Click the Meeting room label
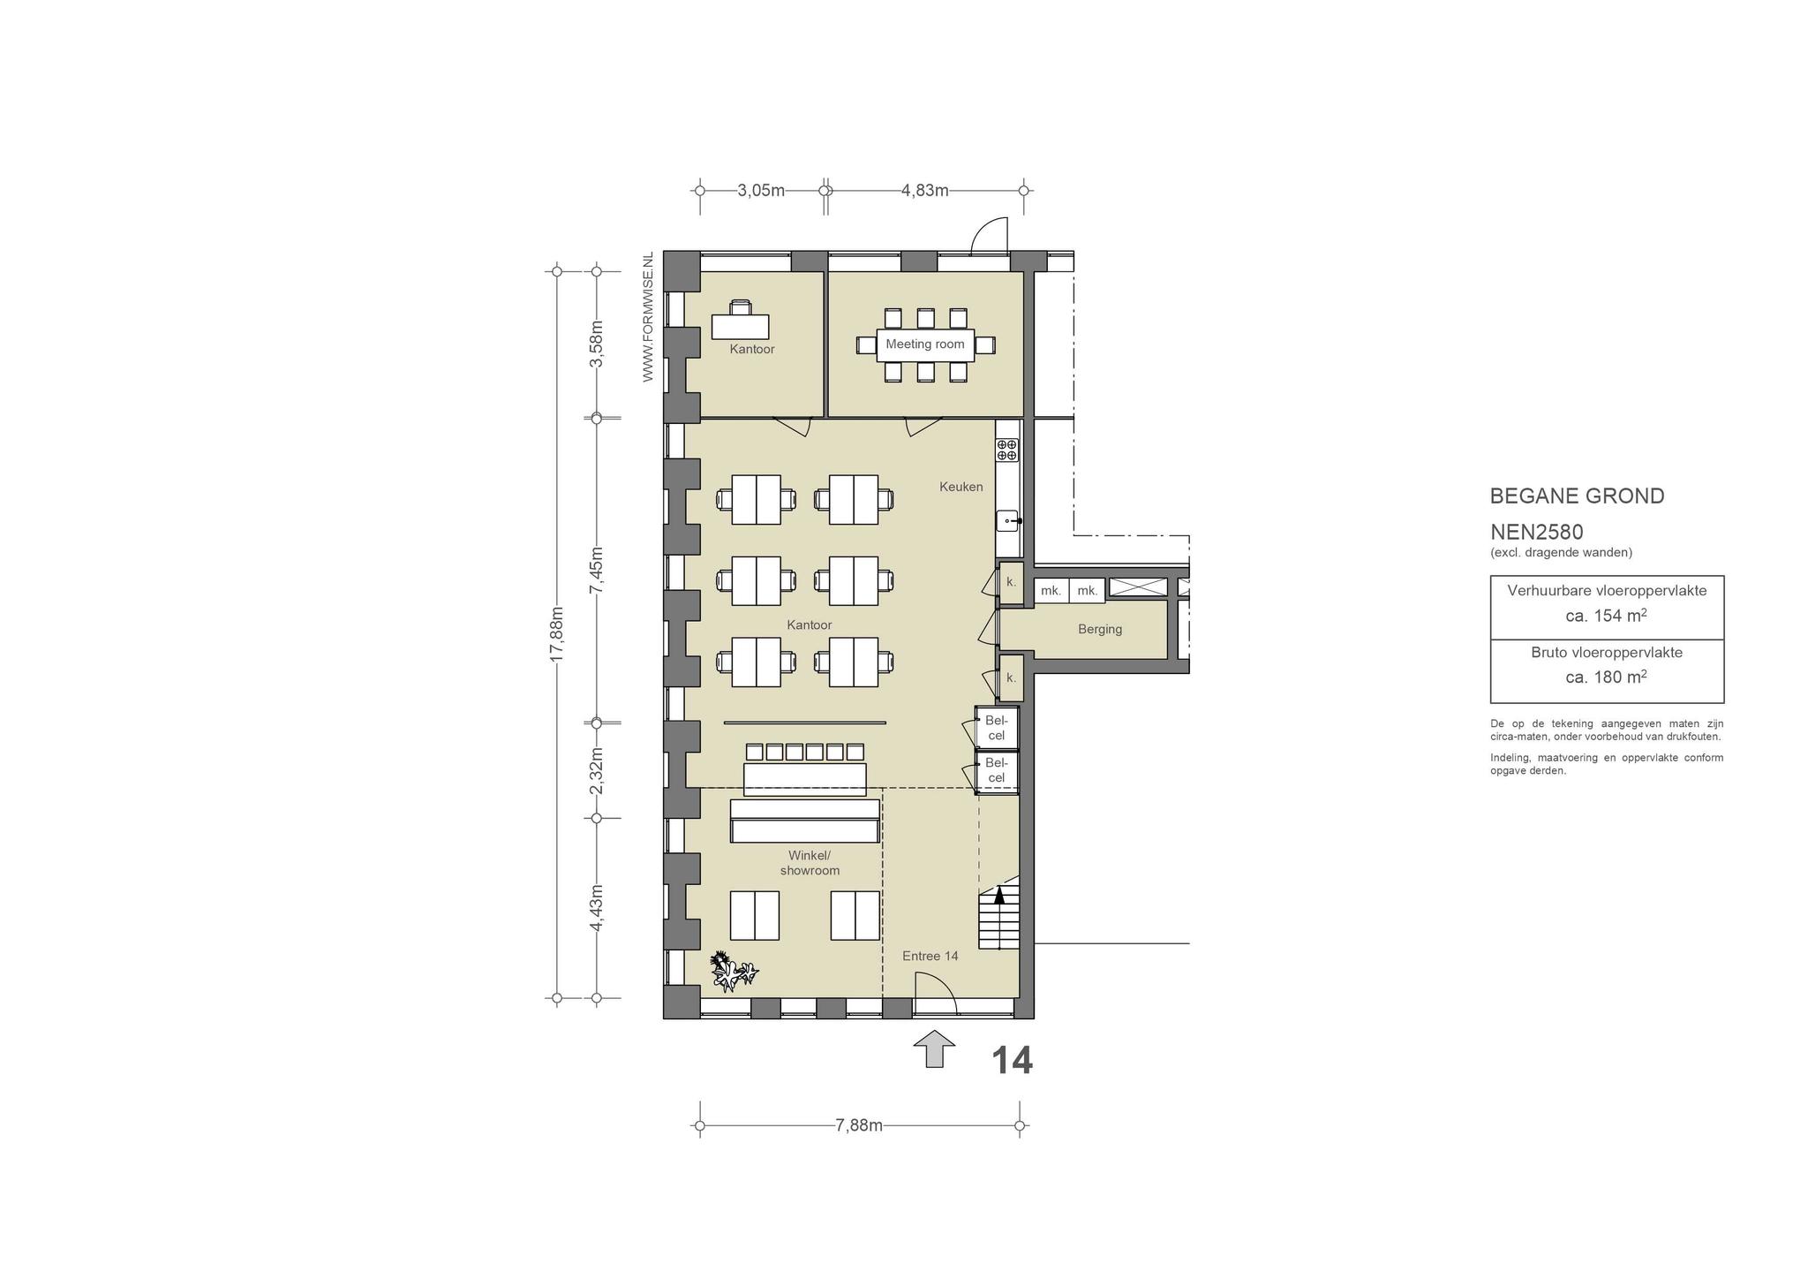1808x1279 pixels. click(x=925, y=344)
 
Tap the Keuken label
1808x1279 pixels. click(x=960, y=487)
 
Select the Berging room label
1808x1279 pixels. click(x=1100, y=630)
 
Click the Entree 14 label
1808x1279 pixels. click(x=930, y=956)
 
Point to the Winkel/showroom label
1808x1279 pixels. click(x=810, y=863)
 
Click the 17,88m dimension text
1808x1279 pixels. click(x=556, y=634)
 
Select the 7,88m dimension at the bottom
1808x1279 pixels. click(x=859, y=1125)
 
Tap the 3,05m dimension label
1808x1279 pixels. click(x=761, y=190)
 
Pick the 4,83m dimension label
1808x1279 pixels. click(x=924, y=190)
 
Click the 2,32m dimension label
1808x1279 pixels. click(x=597, y=771)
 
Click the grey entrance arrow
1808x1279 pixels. click(x=934, y=1048)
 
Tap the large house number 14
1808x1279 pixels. click(x=1012, y=1061)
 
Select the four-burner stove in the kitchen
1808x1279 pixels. click(x=1007, y=450)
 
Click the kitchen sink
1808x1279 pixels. click(x=1008, y=521)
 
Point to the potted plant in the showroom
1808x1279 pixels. click(x=733, y=970)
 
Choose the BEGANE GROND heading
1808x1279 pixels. click(x=1577, y=496)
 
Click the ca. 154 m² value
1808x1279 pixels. click(x=1606, y=616)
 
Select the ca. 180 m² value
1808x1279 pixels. click(x=1606, y=677)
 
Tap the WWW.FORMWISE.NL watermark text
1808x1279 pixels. click(x=648, y=317)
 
